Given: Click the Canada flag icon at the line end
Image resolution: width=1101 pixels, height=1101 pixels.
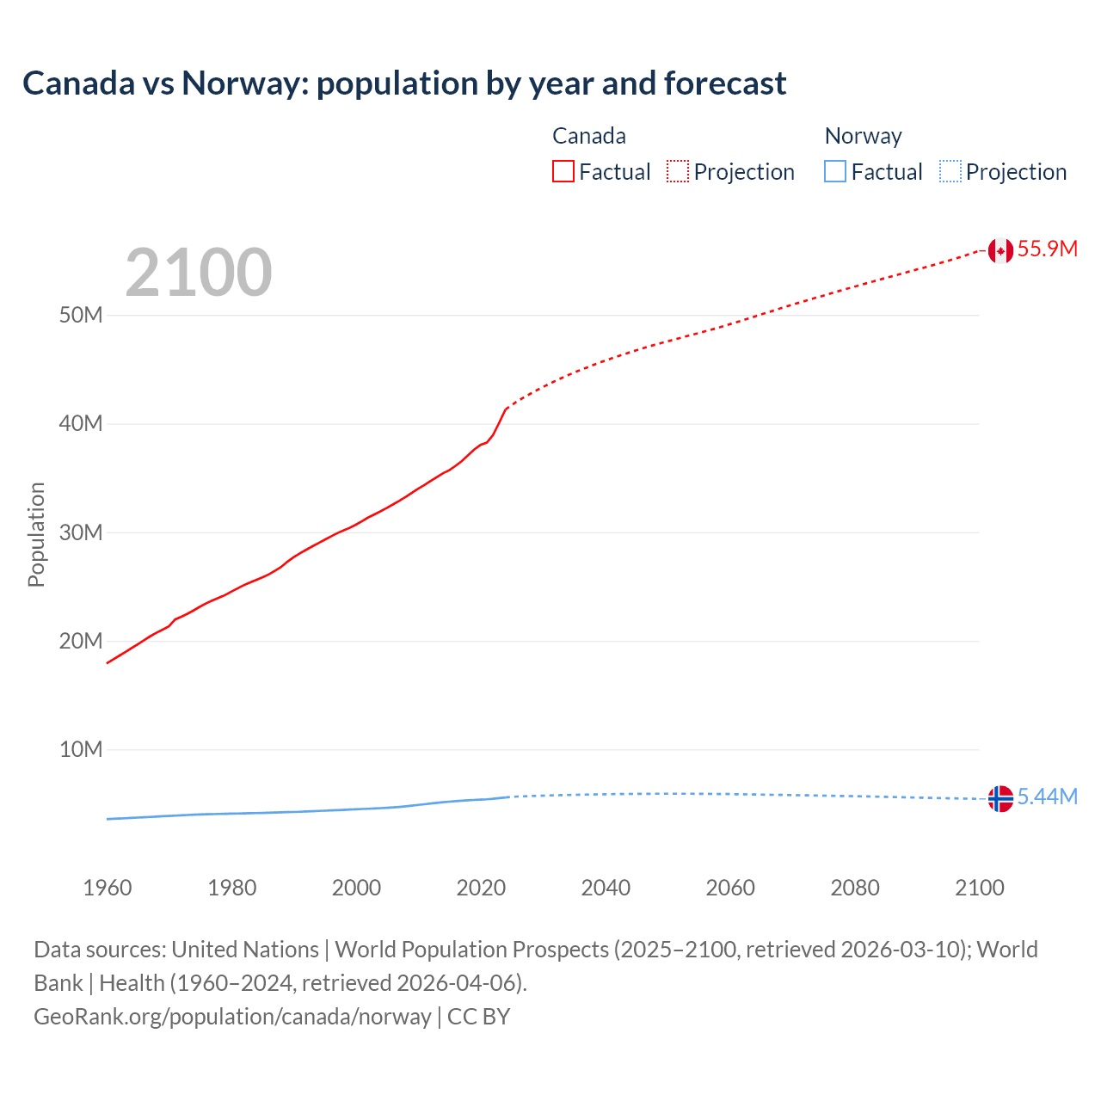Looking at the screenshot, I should (1000, 250).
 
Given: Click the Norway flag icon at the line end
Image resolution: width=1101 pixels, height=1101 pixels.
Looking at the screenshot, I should (1000, 798).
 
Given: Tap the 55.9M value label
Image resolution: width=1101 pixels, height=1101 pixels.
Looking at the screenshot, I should (1047, 249).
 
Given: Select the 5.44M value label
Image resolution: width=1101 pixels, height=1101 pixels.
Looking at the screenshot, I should (1047, 797).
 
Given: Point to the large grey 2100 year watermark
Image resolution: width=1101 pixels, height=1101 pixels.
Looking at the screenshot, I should (199, 273).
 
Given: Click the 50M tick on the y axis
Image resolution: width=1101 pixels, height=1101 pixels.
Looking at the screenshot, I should (81, 315).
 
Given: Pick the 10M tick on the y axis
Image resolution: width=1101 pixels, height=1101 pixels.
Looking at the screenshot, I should (81, 749).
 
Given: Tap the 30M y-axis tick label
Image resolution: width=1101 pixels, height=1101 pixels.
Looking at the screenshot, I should (81, 532).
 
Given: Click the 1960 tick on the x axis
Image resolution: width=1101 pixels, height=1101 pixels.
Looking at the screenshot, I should (108, 888).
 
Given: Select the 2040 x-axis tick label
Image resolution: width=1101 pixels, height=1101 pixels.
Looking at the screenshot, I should (606, 888).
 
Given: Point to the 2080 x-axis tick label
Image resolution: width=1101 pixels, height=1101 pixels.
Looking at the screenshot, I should (855, 888).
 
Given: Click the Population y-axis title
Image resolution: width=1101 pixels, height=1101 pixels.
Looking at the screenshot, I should (36, 534).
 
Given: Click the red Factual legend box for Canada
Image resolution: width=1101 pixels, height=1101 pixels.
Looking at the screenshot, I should (563, 172).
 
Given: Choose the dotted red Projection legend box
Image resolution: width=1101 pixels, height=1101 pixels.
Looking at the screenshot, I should (678, 172).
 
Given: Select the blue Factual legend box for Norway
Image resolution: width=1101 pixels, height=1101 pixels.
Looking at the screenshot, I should (834, 172).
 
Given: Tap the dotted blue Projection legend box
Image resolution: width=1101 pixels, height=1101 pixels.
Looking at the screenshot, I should (950, 172).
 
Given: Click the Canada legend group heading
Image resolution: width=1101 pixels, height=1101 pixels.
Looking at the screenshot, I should (588, 136).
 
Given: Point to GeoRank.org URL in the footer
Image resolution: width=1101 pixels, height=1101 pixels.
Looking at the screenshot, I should (232, 1017).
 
